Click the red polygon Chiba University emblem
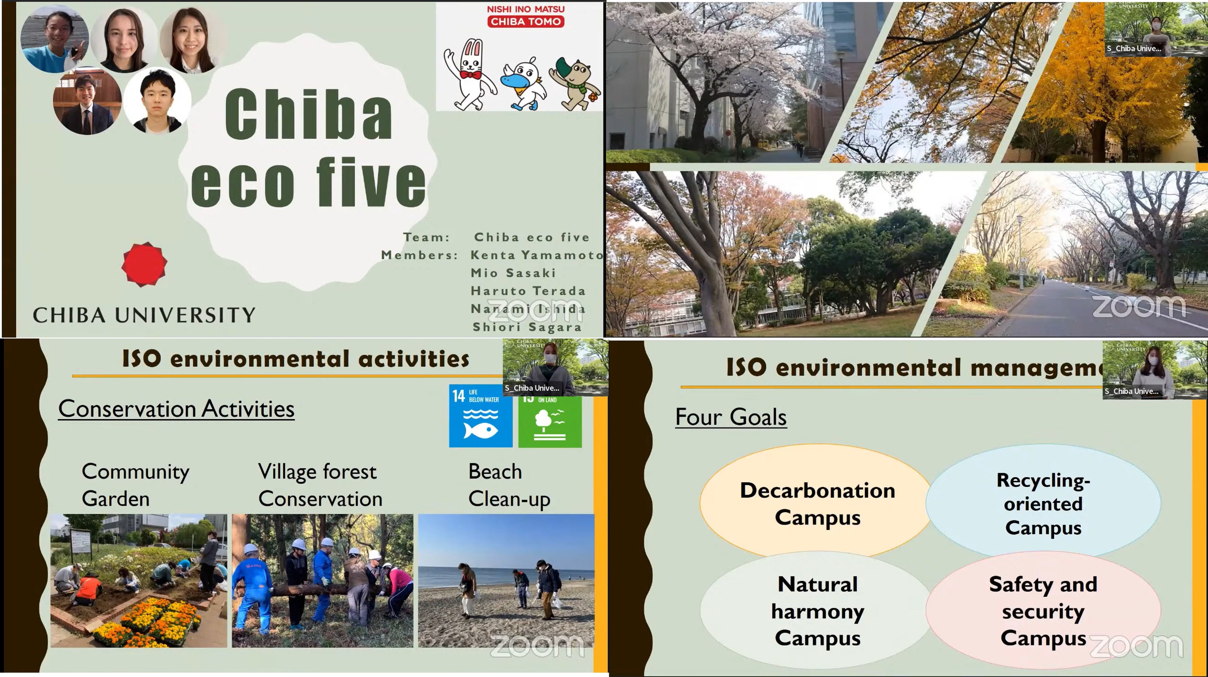point(144,264)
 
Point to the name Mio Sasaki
point(513,273)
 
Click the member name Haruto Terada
point(528,291)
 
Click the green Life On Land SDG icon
point(549,421)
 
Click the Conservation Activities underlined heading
point(176,409)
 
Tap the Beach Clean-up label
point(509,485)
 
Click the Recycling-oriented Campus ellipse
point(1043,504)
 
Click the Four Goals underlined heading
point(731,417)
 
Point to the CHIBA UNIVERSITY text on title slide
point(144,315)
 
